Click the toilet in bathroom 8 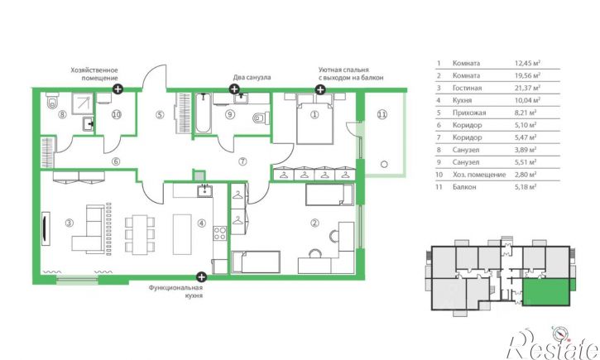51,101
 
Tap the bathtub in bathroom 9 203,113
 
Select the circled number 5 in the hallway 160,114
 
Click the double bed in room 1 314,118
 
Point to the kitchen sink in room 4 204,190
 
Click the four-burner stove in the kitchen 219,233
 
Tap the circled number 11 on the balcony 382,114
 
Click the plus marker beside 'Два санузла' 234,89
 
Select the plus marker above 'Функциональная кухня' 201,277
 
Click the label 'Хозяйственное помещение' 94,74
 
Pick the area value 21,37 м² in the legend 527,88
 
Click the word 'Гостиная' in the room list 467,88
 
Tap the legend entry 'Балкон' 464,187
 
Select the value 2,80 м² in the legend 526,175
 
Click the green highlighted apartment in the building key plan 546,292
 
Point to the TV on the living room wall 46,228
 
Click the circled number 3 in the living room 69,223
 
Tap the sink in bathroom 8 88,124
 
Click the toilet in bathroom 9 261,118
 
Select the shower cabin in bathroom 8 83,103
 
